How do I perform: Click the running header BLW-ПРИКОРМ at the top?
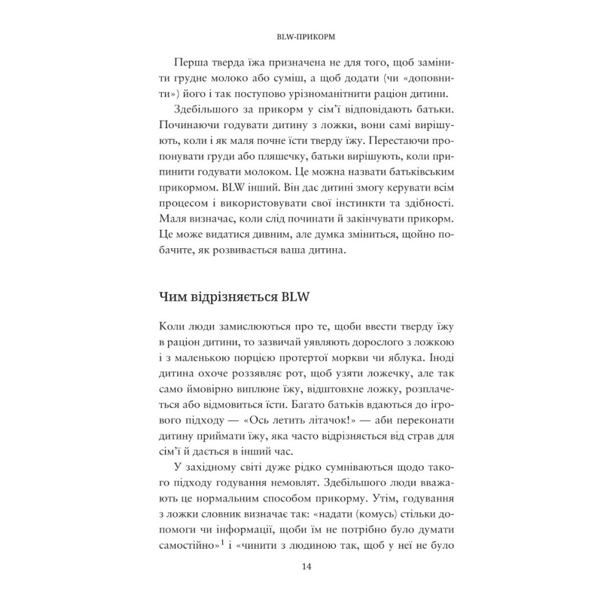tap(306, 36)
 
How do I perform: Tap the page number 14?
tap(306, 566)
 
